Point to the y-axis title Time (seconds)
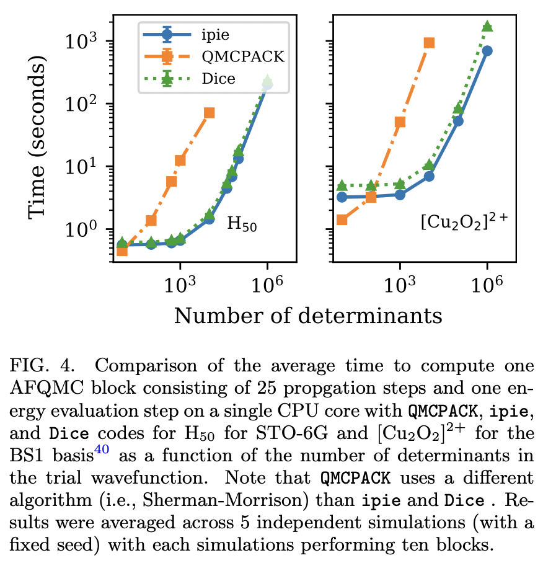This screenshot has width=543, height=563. click(38, 139)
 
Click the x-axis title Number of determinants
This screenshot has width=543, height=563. click(308, 315)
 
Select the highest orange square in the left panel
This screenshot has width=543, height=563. click(210, 113)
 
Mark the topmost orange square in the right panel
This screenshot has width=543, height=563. click(429, 43)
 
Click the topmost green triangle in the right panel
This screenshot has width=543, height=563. click(487, 26)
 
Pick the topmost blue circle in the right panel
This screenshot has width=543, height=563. click(487, 51)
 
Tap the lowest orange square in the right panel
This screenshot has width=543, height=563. click(342, 219)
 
